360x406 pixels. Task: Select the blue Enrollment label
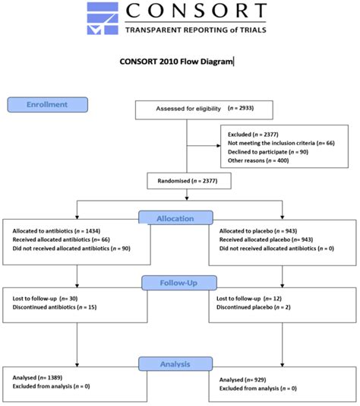click(47, 104)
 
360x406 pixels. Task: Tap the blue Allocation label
click(177, 218)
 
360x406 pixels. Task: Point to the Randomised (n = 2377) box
click(187, 181)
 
